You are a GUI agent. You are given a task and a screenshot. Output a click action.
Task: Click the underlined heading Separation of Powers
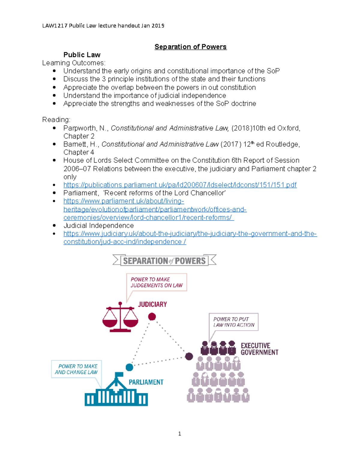190,47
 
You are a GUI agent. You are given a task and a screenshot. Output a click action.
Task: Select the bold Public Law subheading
82,55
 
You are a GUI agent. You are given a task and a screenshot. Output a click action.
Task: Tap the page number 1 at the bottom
179,434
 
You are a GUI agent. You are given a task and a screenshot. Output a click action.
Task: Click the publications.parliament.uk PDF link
180,185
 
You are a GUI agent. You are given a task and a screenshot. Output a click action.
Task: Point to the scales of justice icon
120,317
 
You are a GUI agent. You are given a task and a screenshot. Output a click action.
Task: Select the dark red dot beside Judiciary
152,317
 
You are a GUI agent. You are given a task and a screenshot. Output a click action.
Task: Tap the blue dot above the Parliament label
129,367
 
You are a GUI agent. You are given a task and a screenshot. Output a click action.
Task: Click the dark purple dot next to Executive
189,356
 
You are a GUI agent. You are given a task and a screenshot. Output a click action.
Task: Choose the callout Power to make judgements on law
157,282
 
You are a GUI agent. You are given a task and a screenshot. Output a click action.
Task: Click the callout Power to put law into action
234,322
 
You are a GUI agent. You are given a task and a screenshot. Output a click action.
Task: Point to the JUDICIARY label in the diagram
152,305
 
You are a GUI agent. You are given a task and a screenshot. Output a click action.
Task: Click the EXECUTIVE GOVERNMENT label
259,349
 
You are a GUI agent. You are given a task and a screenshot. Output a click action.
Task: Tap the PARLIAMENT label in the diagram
146,382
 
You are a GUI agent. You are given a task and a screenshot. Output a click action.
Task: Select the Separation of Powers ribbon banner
164,260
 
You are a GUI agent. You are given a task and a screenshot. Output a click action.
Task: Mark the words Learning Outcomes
74,63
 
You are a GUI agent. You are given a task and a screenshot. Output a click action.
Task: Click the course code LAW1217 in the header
55,26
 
